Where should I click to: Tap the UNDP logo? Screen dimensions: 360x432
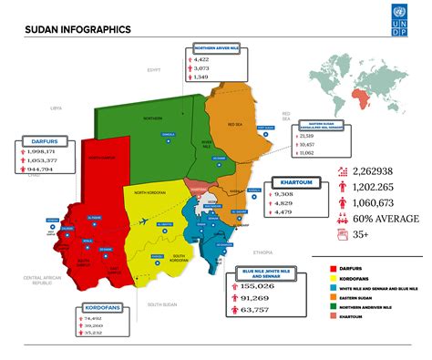402,21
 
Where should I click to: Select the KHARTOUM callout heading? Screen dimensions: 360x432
297,182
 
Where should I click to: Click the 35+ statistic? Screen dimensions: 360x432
361,233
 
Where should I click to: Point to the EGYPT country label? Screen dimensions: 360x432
154,69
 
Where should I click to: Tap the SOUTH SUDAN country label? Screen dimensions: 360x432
161,304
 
